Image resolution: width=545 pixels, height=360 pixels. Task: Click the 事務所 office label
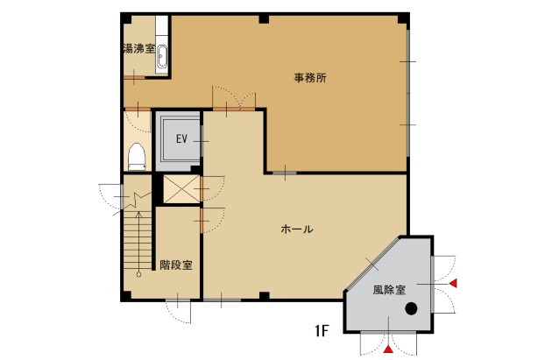point(310,77)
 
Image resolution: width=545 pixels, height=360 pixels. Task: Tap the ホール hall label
point(297,229)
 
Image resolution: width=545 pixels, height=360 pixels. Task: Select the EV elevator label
point(181,139)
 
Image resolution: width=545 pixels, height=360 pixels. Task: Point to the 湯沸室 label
point(139,49)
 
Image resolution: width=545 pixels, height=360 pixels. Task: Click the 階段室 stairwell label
point(176,265)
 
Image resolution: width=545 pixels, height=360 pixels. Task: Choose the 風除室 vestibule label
point(389,289)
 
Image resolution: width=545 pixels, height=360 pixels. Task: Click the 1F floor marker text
point(322,330)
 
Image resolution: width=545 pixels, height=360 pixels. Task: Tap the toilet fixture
point(137,157)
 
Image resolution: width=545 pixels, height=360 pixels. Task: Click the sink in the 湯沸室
point(162,57)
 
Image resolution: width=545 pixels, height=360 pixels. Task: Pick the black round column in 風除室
point(411,308)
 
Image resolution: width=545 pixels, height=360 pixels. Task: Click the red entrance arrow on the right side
point(453,283)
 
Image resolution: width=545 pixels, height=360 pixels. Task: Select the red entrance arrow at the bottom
point(389,349)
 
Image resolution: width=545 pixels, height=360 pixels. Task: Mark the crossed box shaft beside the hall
point(181,188)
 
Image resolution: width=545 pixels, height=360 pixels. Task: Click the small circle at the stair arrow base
point(138,274)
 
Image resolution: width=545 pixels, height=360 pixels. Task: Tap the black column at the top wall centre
point(264,19)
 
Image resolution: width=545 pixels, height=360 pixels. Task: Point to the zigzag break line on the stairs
point(138,201)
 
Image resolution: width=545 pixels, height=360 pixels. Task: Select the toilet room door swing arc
point(138,122)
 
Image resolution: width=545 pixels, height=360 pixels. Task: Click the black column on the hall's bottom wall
point(265,296)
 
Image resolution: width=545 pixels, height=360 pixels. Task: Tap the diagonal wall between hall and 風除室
point(372,265)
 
